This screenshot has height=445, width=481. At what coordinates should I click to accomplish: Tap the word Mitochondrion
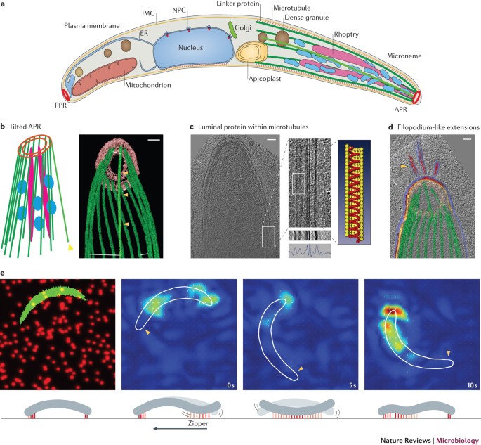click(126, 87)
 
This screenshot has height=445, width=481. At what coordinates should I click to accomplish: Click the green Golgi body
click(232, 32)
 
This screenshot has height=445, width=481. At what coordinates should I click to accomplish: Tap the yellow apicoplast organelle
click(249, 52)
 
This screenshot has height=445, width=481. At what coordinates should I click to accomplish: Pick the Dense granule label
click(329, 18)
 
